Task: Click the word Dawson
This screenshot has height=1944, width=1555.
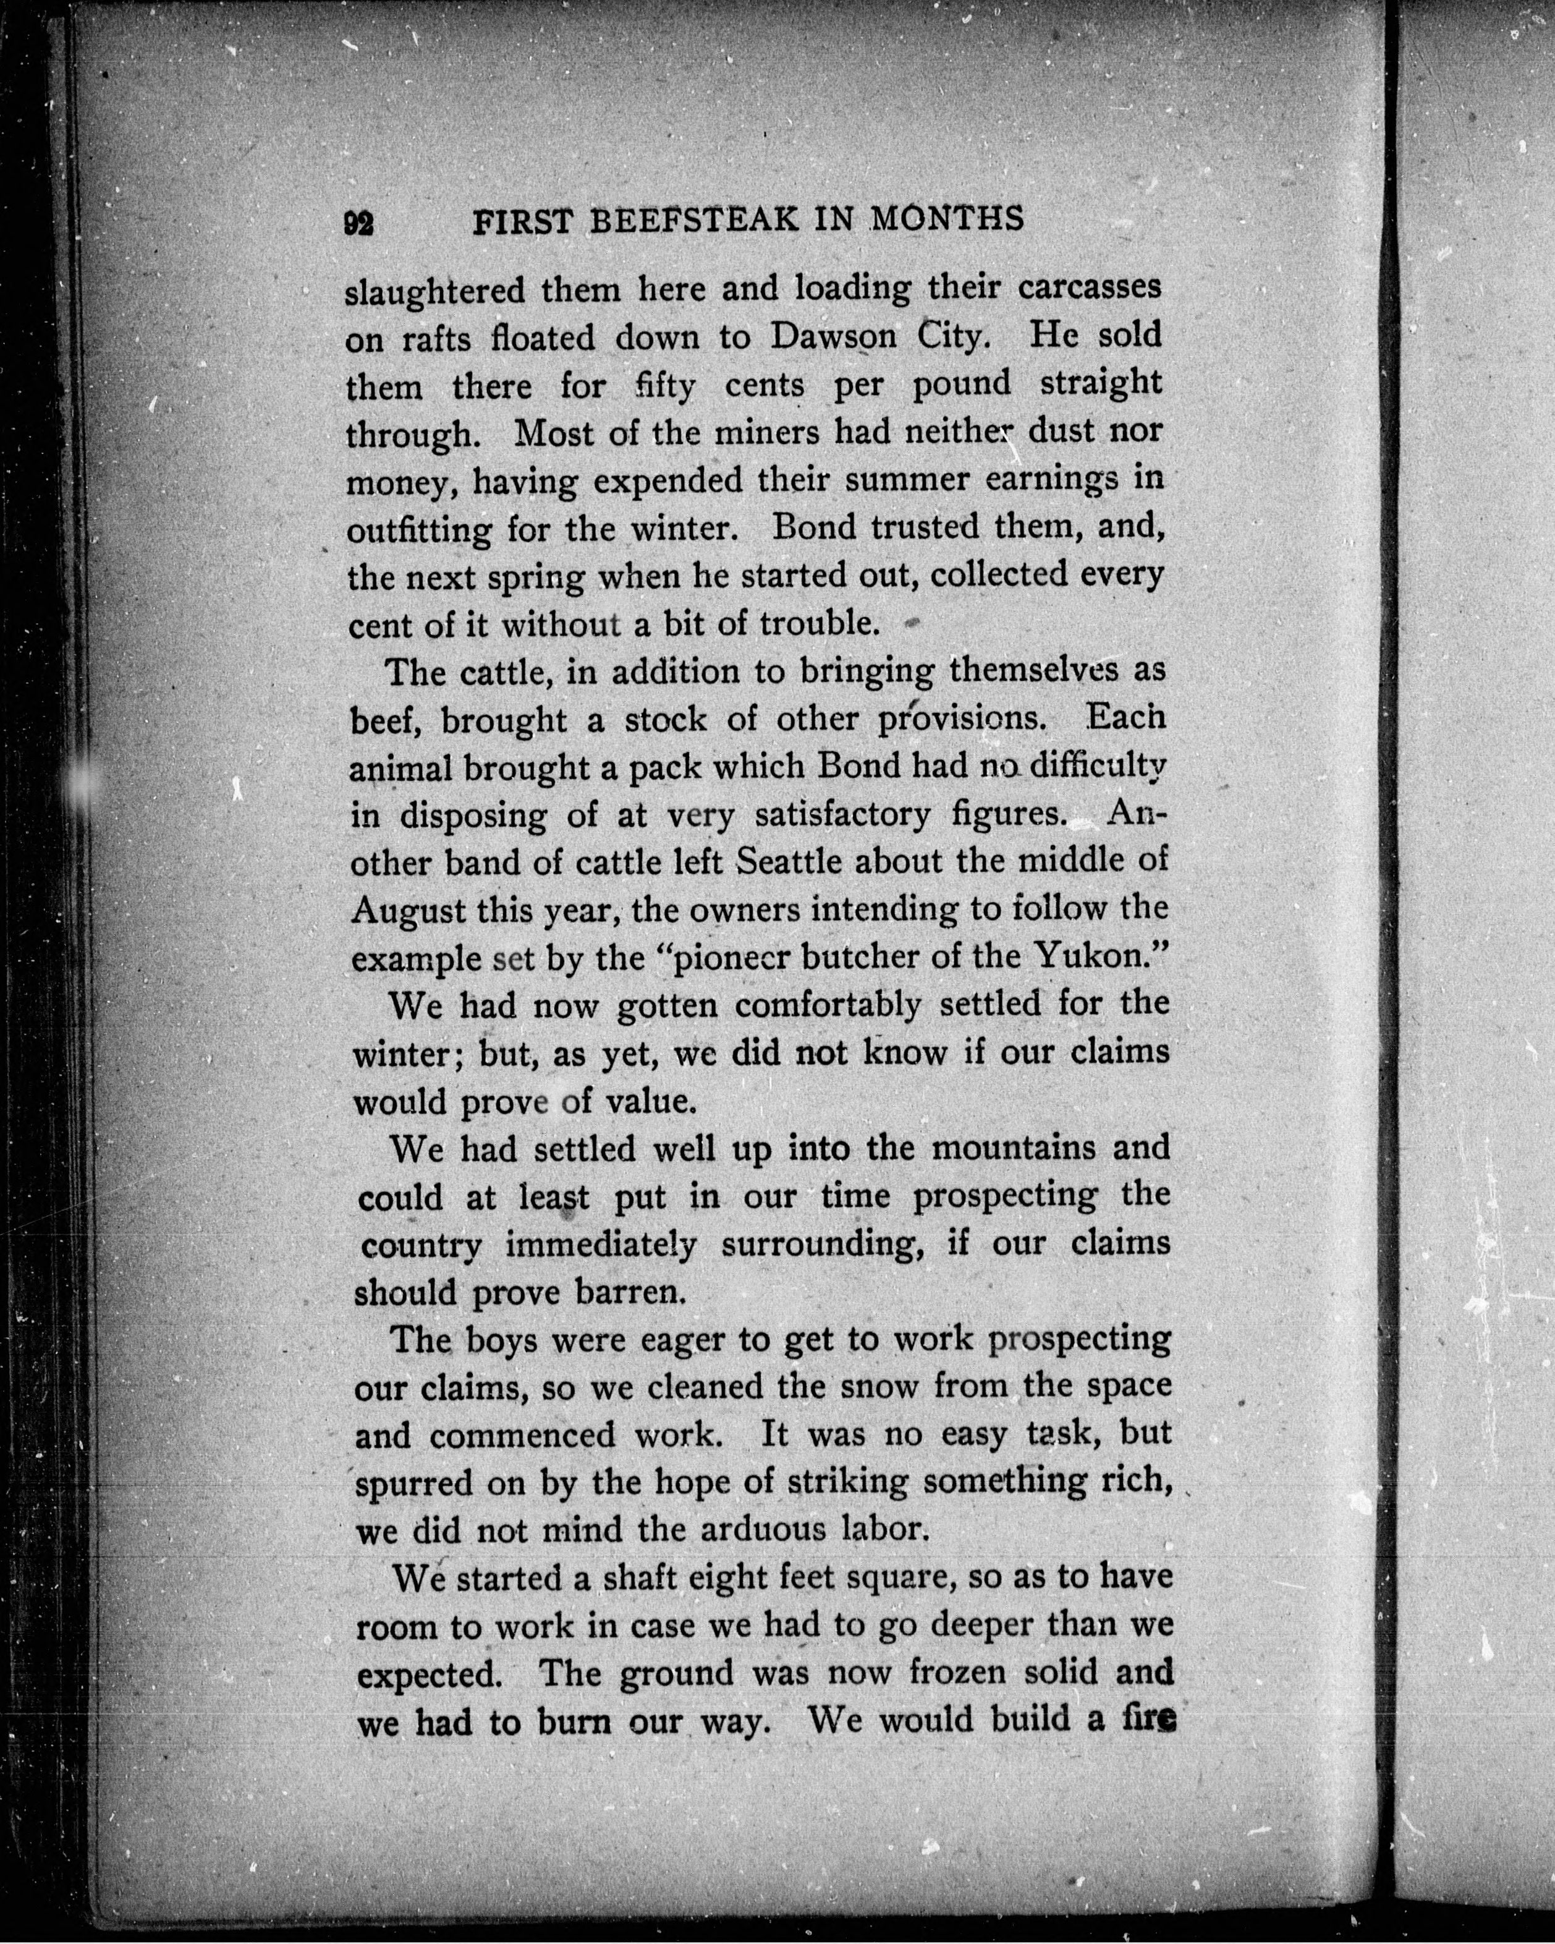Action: pyautogui.click(x=834, y=337)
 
